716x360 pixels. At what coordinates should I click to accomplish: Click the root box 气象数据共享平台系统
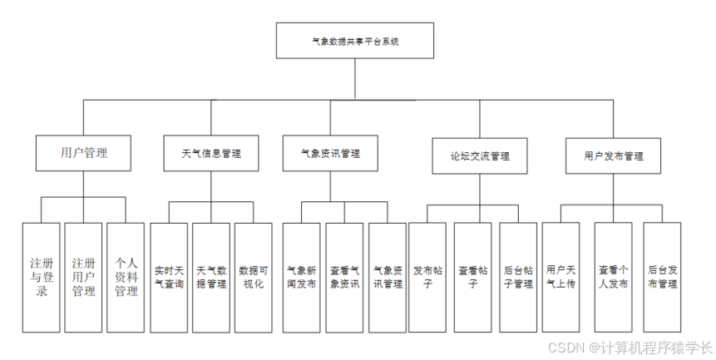tap(354, 40)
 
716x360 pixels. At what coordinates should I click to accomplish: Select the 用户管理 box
tap(84, 153)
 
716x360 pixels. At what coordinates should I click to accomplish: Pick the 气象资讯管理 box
tap(330, 153)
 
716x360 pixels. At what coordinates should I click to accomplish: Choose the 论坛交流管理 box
tap(479, 155)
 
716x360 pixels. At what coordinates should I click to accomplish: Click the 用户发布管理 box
tap(613, 155)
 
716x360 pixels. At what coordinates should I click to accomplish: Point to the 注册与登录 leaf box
tap(41, 277)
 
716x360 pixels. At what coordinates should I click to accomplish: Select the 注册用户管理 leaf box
tap(83, 277)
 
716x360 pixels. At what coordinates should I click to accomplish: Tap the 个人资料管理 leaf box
tap(126, 277)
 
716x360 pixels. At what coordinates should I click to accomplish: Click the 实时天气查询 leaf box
tap(169, 277)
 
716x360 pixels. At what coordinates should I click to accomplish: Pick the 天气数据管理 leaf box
tap(211, 277)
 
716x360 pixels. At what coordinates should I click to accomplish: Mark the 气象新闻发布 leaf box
tap(301, 277)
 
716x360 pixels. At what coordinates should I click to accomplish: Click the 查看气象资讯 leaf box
tap(344, 277)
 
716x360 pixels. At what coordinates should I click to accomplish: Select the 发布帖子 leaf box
tap(429, 277)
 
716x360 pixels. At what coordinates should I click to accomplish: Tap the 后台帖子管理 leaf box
tap(517, 277)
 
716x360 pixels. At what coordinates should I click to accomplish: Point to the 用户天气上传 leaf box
tap(560, 277)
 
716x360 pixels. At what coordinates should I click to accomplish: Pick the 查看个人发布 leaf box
tap(613, 277)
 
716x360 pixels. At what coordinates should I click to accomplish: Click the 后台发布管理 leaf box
tap(662, 277)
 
